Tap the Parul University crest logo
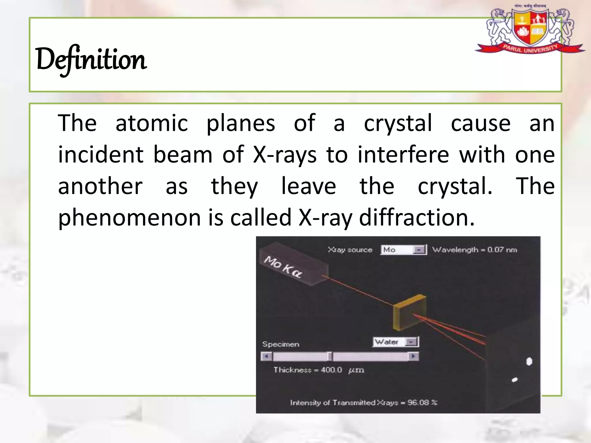530,30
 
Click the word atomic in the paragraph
152,123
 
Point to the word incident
101,155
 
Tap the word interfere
403,155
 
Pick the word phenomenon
130,218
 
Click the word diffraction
416,217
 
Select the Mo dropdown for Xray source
403,250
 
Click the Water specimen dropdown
396,342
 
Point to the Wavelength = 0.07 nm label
474,250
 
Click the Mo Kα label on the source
283,267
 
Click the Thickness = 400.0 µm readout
319,370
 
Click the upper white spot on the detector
529,361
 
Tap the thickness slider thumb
330,357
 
